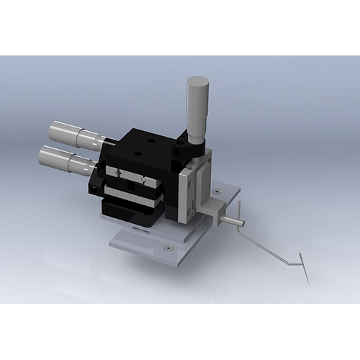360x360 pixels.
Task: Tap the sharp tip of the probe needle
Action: point(309,283)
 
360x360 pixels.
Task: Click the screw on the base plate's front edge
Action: point(168,248)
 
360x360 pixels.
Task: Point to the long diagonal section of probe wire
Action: point(266,245)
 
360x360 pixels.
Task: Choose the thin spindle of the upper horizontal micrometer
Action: point(101,140)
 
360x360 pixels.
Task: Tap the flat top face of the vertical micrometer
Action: point(197,81)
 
